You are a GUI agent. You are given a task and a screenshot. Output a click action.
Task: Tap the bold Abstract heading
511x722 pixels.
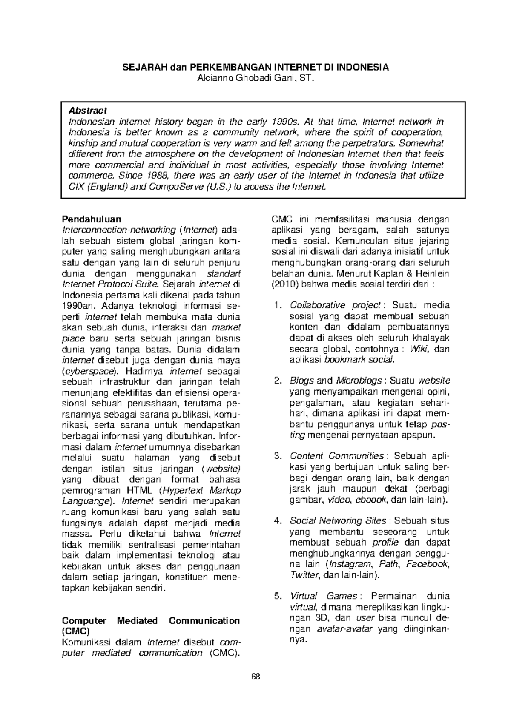[87, 111]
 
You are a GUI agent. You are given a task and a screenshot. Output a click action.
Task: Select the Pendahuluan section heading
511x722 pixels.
[92, 219]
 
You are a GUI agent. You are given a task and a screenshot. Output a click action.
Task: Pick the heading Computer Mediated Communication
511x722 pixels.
[151, 620]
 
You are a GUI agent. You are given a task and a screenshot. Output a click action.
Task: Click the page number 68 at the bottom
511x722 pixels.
[255, 677]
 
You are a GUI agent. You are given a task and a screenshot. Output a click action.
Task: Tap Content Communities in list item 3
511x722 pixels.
[336, 456]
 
